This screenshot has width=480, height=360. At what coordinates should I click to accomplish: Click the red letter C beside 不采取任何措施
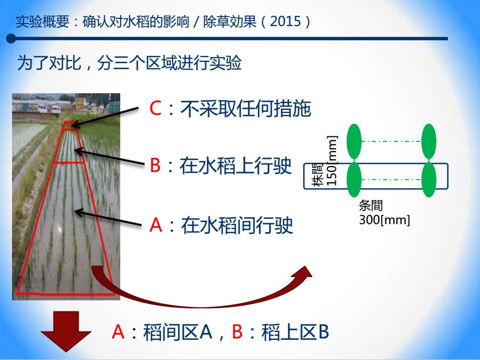tap(155, 108)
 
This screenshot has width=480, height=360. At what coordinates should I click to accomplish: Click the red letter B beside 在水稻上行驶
tap(155, 165)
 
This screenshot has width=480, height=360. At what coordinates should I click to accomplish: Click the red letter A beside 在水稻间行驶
tap(156, 225)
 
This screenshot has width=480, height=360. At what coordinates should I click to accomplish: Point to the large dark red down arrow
tap(66, 331)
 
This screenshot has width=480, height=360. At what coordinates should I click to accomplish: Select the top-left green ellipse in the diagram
tap(354, 141)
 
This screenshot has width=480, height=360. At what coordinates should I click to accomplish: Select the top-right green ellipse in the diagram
tap(428, 141)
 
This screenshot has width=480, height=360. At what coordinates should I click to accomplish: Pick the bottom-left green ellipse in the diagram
tap(354, 179)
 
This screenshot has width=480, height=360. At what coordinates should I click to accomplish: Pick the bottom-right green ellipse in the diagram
tap(428, 179)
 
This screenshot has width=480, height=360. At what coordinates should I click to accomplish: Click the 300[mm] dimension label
tap(384, 220)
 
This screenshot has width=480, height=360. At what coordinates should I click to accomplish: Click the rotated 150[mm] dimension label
tap(332, 160)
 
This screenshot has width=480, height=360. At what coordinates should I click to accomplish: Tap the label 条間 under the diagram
tap(371, 206)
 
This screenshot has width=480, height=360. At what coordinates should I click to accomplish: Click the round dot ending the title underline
tap(11, 39)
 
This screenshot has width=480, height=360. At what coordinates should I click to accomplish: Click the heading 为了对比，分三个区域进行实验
tap(129, 63)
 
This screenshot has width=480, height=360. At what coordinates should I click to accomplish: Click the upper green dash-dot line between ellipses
tap(391, 141)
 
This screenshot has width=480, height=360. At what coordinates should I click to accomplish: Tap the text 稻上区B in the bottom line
tap(295, 332)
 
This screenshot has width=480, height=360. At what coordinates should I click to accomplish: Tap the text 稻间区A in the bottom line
tap(177, 332)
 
